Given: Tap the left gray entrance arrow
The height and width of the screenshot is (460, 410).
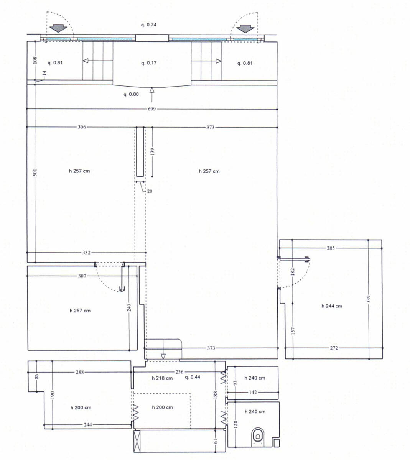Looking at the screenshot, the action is (x=59, y=28).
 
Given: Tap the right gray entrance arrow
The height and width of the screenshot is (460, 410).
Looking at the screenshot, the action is (x=245, y=29).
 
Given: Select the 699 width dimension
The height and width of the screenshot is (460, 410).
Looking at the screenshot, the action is (x=152, y=109).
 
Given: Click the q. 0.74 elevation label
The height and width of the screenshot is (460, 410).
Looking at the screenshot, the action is (x=149, y=25).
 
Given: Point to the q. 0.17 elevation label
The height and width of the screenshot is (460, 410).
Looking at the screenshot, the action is (x=149, y=63).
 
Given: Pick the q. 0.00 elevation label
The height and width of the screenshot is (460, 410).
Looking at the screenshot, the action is (x=131, y=94).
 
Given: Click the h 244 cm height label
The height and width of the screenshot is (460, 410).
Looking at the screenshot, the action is (x=332, y=306).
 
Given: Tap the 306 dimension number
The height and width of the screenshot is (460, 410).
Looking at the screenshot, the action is (x=82, y=127).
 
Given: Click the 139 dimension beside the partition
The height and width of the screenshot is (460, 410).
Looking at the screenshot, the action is (x=152, y=152).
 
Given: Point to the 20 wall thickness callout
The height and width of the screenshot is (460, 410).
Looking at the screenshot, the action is (x=150, y=191).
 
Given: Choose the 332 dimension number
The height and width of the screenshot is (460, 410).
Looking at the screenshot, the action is (x=86, y=253).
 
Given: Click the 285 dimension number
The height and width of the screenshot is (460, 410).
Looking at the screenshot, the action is (x=331, y=248).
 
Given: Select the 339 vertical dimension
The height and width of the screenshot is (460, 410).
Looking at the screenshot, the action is (x=369, y=299).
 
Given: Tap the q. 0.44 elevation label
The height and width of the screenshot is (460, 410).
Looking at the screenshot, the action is (x=193, y=377).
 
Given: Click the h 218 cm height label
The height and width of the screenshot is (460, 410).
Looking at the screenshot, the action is (x=162, y=378).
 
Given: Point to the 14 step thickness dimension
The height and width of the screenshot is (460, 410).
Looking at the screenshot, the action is (x=44, y=73).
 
